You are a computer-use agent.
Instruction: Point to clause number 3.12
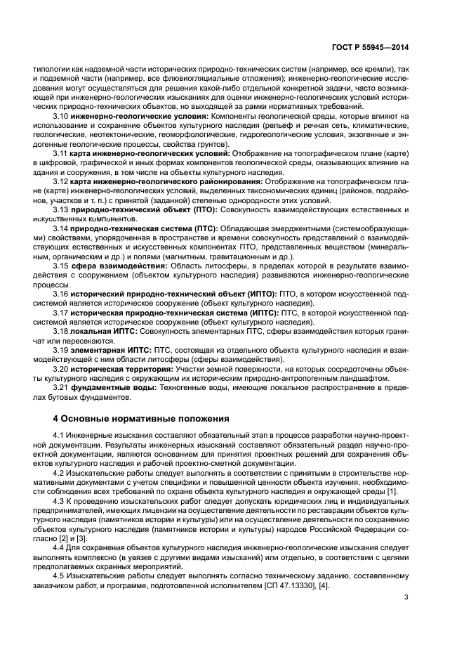click(61, 181)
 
